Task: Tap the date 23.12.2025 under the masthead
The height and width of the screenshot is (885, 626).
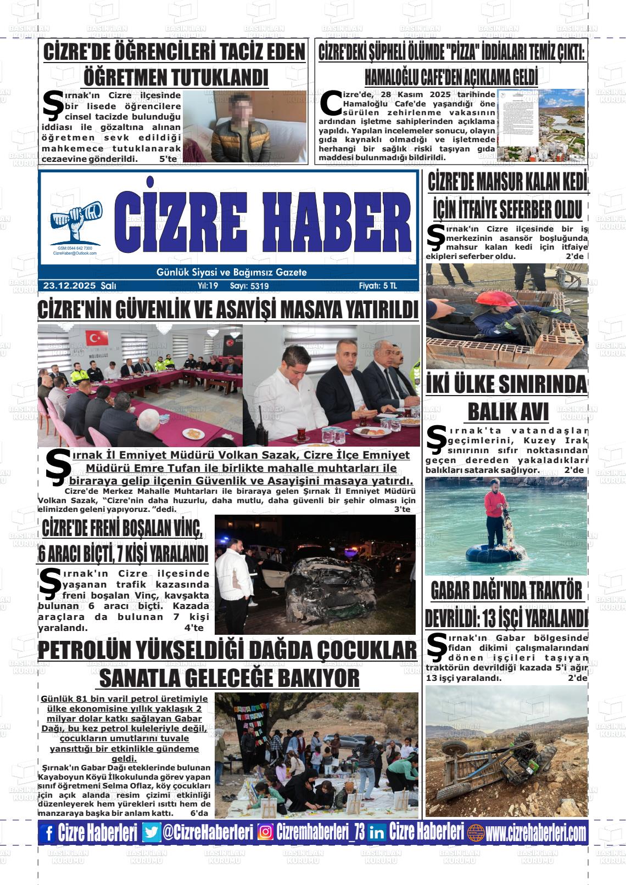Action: (69, 286)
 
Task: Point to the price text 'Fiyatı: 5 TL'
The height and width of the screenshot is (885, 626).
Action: (377, 286)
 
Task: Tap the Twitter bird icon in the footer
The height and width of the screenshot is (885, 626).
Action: (151, 833)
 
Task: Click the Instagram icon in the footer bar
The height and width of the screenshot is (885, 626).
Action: (266, 833)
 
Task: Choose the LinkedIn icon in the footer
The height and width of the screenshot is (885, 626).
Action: (377, 833)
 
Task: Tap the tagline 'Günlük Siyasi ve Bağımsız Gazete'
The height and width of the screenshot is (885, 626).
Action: (231, 272)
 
